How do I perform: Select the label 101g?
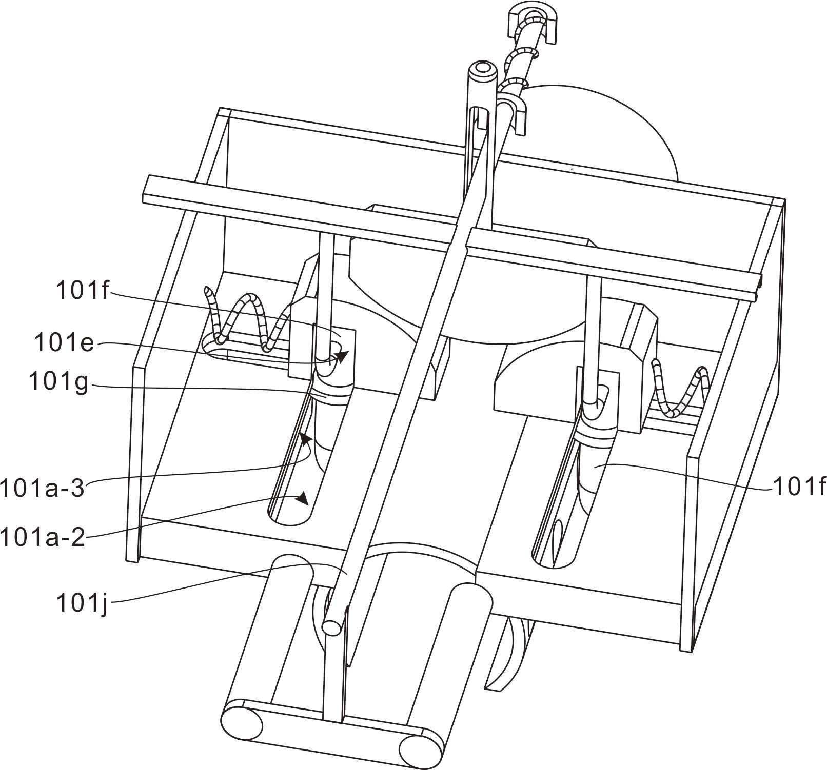58,381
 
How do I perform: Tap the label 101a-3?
42,488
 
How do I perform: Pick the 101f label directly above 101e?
83,291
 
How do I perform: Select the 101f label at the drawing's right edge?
800,487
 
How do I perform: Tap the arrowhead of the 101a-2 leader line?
303,498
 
